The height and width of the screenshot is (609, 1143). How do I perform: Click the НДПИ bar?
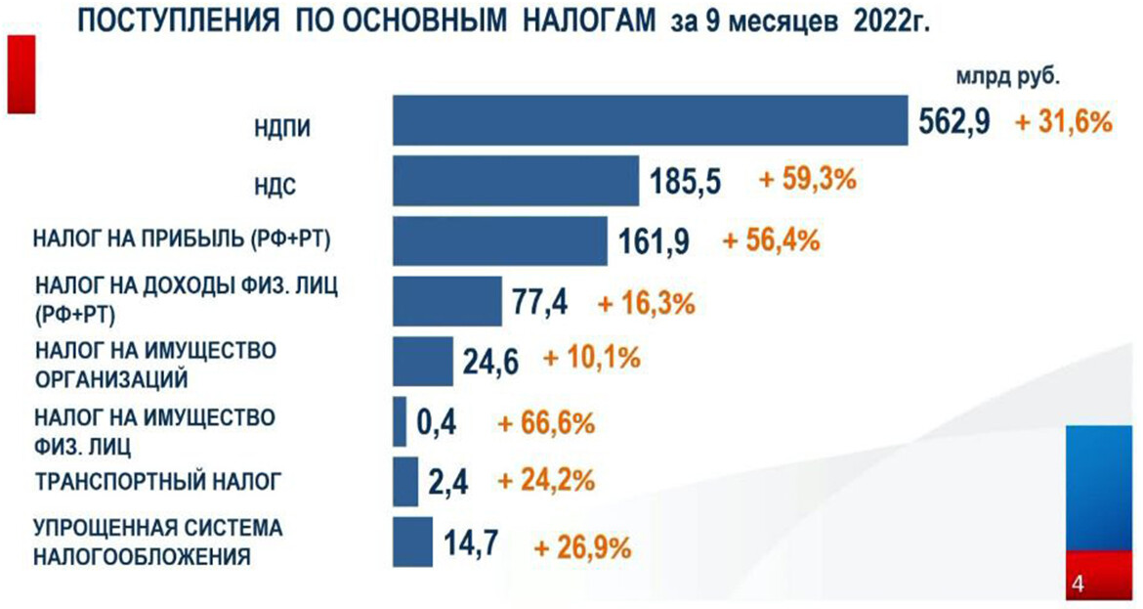[649, 120]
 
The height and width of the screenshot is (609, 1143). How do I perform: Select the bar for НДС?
[515, 180]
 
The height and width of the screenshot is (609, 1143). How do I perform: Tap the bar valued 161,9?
[500, 240]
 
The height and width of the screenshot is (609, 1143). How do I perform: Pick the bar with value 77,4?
[446, 300]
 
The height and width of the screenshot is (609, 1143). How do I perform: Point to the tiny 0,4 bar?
[400, 421]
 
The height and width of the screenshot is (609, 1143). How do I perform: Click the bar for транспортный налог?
[404, 481]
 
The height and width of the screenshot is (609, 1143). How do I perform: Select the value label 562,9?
[954, 121]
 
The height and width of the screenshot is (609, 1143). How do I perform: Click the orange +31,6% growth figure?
[1064, 122]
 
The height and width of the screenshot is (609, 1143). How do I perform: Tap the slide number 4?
[1079, 585]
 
